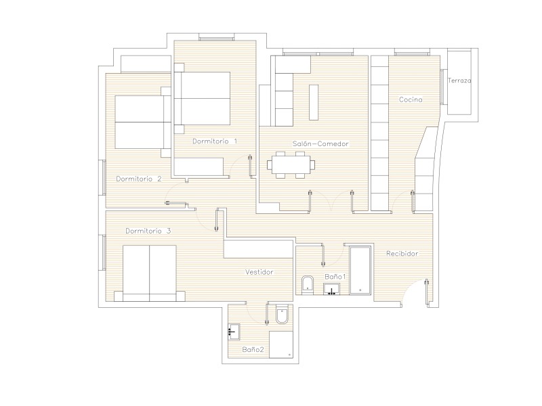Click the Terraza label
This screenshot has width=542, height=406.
tap(459, 81)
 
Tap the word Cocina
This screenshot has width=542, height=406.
tap(411, 99)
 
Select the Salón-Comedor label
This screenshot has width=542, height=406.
tap(320, 143)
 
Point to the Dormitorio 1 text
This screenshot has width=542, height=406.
tap(215, 141)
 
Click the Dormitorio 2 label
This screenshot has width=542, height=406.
tap(139, 179)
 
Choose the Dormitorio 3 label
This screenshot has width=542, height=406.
tap(148, 231)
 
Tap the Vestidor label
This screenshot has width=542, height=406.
tap(259, 272)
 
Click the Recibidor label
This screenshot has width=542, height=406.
tap(402, 253)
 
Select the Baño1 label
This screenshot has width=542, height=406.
tap(335, 277)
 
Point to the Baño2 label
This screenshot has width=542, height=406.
tap(253, 349)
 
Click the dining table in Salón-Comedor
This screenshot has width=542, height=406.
tap(291, 165)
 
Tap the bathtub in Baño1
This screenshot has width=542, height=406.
tap(360, 270)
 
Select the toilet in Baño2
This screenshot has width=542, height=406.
tap(282, 314)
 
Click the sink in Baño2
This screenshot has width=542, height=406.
tap(234, 332)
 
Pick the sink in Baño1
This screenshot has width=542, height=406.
tap(331, 290)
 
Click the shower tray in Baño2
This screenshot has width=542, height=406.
tap(280, 344)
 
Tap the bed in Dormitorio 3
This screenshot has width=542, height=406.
tap(150, 273)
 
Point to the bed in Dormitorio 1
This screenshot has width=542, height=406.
tap(202, 98)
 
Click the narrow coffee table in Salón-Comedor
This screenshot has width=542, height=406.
tap(314, 103)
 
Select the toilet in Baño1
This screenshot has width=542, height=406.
tap(307, 285)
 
